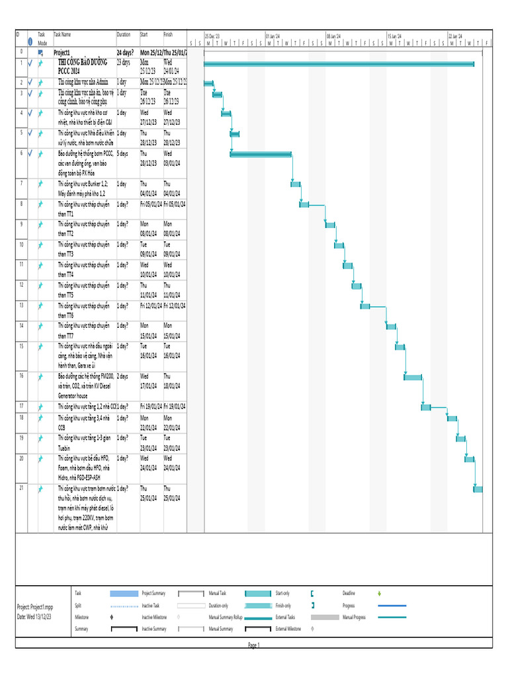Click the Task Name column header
[x=62, y=34]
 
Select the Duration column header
[x=124, y=34]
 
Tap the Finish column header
[x=168, y=34]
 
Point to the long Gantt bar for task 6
[x=261, y=155]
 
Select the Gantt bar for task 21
[x=478, y=489]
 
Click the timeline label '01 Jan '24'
[x=273, y=36]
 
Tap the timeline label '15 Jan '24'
[x=395, y=36]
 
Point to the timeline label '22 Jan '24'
[x=456, y=36]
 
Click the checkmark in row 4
[x=30, y=113]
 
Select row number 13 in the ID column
[x=22, y=305]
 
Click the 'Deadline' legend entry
[x=349, y=593]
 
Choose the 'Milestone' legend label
[x=82, y=617]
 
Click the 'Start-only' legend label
[x=282, y=593]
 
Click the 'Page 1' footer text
[x=254, y=645]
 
